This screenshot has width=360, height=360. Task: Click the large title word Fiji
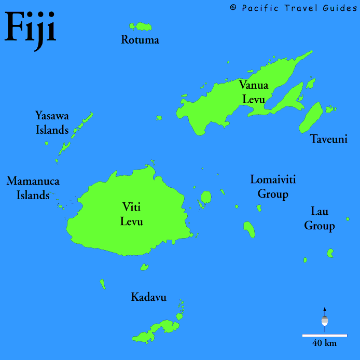30,29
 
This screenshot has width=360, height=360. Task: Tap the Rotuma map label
140,40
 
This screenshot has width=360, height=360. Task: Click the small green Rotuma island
141,26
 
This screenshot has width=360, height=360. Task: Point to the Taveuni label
328,139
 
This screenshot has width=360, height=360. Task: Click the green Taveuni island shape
311,118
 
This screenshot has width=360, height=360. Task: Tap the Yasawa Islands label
52,122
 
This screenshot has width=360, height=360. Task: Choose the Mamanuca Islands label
33,188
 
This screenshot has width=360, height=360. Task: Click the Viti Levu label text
132,214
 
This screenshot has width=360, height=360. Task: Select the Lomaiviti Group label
269,187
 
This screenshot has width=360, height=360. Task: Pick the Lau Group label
320,218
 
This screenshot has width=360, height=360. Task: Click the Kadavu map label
148,297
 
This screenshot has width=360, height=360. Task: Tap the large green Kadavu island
156,329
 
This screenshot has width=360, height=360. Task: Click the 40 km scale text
324,343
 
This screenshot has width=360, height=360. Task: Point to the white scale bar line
325,335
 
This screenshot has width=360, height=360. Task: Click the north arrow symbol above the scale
325,317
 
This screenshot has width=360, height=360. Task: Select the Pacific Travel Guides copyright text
293,7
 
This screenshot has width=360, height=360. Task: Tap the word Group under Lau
320,226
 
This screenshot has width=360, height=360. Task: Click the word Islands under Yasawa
52,130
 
